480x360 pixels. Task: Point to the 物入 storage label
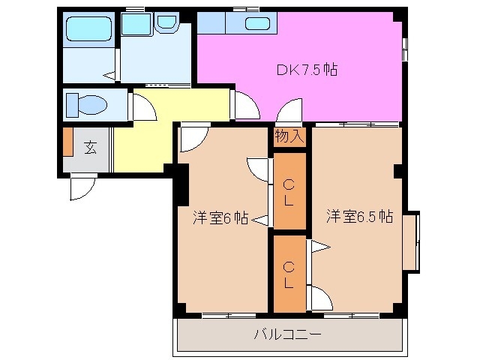click(x=289, y=136)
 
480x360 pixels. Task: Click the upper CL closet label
click(x=289, y=191)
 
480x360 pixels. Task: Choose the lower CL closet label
click(x=289, y=274)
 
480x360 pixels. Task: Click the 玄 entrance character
click(x=89, y=148)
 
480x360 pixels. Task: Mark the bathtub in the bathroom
click(x=88, y=28)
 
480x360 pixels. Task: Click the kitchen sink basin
click(x=256, y=23)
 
